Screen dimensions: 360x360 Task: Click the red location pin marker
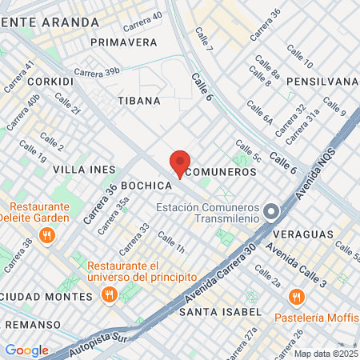pos(180,164)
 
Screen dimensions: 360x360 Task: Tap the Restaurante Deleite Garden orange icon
pos(47,235)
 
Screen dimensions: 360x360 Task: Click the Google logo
pos(26,350)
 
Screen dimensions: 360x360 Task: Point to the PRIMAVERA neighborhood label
pos(124,42)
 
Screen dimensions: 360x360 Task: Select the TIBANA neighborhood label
pos(138,101)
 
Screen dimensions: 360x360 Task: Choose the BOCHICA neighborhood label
pos(148,185)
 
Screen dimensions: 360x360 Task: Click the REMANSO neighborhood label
pos(32,324)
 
